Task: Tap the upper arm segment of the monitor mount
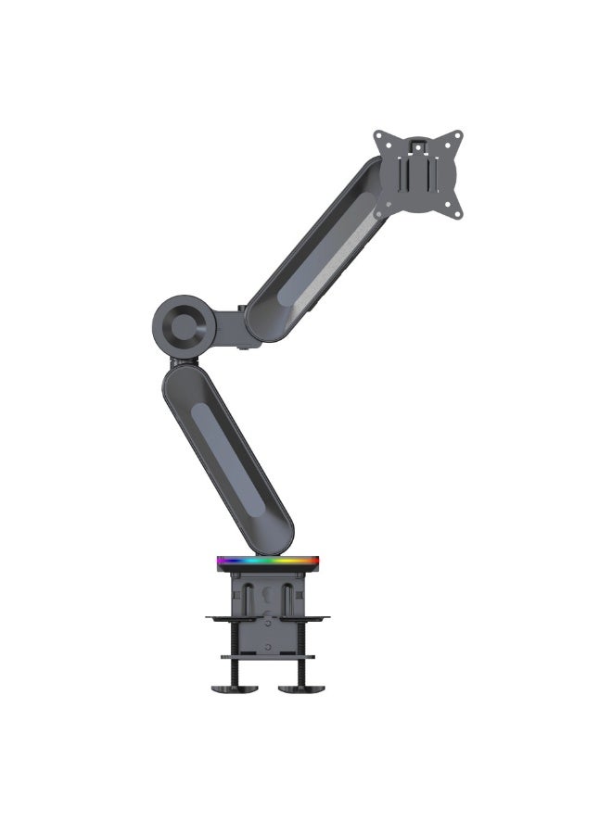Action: pos(315,250)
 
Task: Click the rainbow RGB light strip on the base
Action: pos(268,561)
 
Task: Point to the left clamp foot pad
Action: pos(231,687)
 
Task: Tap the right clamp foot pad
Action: pos(302,687)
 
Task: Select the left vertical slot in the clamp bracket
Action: pos(249,597)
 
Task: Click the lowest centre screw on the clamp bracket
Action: pos(268,646)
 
